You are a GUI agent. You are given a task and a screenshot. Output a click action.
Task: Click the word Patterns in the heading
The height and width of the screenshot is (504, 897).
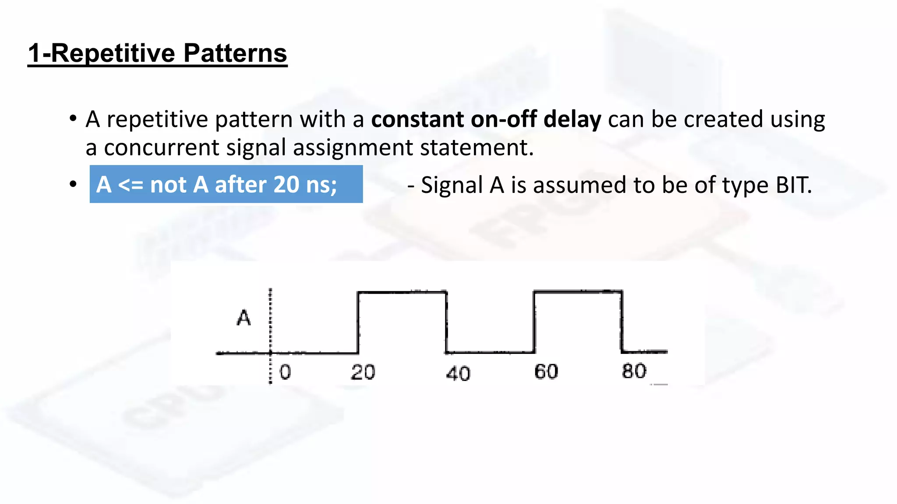(235, 53)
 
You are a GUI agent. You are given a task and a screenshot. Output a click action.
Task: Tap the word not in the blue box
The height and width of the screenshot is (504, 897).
(168, 185)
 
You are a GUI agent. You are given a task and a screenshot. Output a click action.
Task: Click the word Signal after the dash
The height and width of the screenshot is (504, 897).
(452, 185)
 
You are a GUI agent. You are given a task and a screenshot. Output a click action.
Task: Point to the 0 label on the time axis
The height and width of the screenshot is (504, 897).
(285, 372)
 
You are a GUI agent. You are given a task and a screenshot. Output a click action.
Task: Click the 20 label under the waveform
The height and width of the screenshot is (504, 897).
(363, 372)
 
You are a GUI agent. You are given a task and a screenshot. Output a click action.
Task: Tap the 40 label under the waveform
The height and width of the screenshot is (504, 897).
(458, 373)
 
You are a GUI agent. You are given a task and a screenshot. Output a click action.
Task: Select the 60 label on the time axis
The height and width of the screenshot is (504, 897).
(546, 371)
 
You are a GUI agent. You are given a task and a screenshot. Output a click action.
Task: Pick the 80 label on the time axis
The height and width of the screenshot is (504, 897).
(634, 371)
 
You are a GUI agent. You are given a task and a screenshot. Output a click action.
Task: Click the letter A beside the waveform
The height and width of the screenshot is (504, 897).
(244, 318)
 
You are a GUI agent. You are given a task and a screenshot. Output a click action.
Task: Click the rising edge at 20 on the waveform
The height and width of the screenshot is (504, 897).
(358, 322)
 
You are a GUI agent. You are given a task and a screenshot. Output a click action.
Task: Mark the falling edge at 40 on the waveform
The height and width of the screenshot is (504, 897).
(446, 322)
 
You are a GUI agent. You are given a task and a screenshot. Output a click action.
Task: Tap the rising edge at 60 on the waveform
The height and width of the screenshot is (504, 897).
(534, 322)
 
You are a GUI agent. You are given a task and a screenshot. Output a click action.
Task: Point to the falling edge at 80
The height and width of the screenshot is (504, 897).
(622, 322)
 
